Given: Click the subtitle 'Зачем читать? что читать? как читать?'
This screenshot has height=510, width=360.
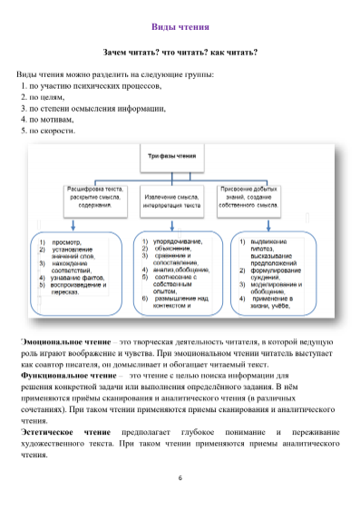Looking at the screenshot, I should [180, 53].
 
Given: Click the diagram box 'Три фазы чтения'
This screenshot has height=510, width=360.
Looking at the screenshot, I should [171, 156].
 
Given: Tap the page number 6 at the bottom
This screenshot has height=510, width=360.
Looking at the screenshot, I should [180, 477].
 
